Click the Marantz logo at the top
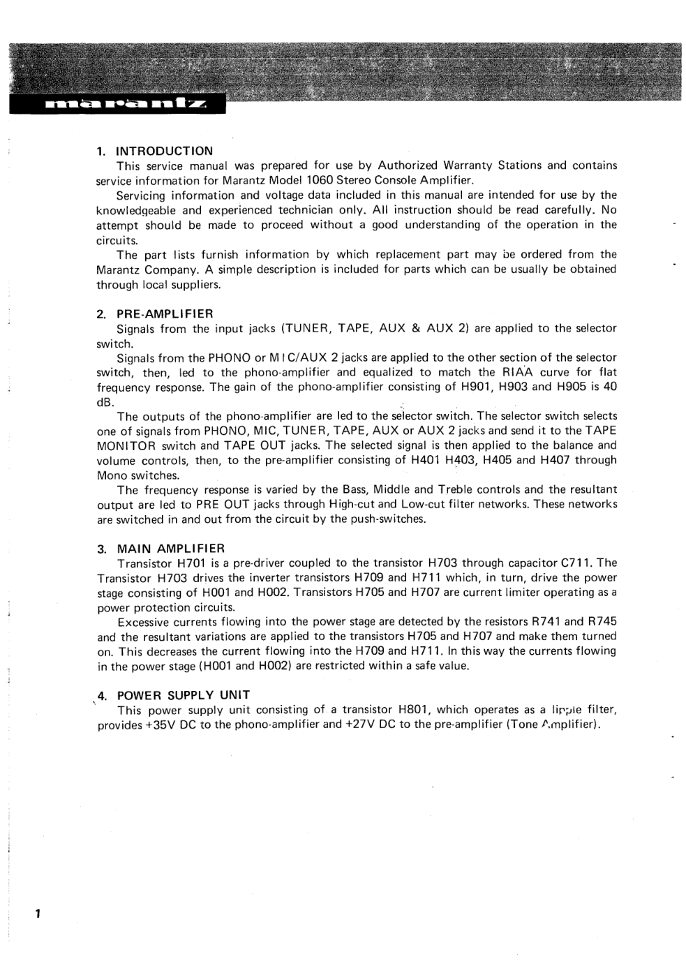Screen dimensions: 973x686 [x=126, y=105]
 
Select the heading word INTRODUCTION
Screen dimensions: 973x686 [x=164, y=151]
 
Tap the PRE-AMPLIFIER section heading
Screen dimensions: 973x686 [x=165, y=313]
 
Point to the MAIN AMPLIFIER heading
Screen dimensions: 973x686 [x=171, y=548]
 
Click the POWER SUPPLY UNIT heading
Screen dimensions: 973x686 [x=184, y=695]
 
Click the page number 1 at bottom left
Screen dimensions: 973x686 [x=39, y=914]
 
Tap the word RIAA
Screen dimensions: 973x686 [x=517, y=373]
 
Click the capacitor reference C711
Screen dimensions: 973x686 [x=576, y=563]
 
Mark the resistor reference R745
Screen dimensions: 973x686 [x=602, y=621]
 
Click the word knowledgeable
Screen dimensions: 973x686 [x=135, y=210]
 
